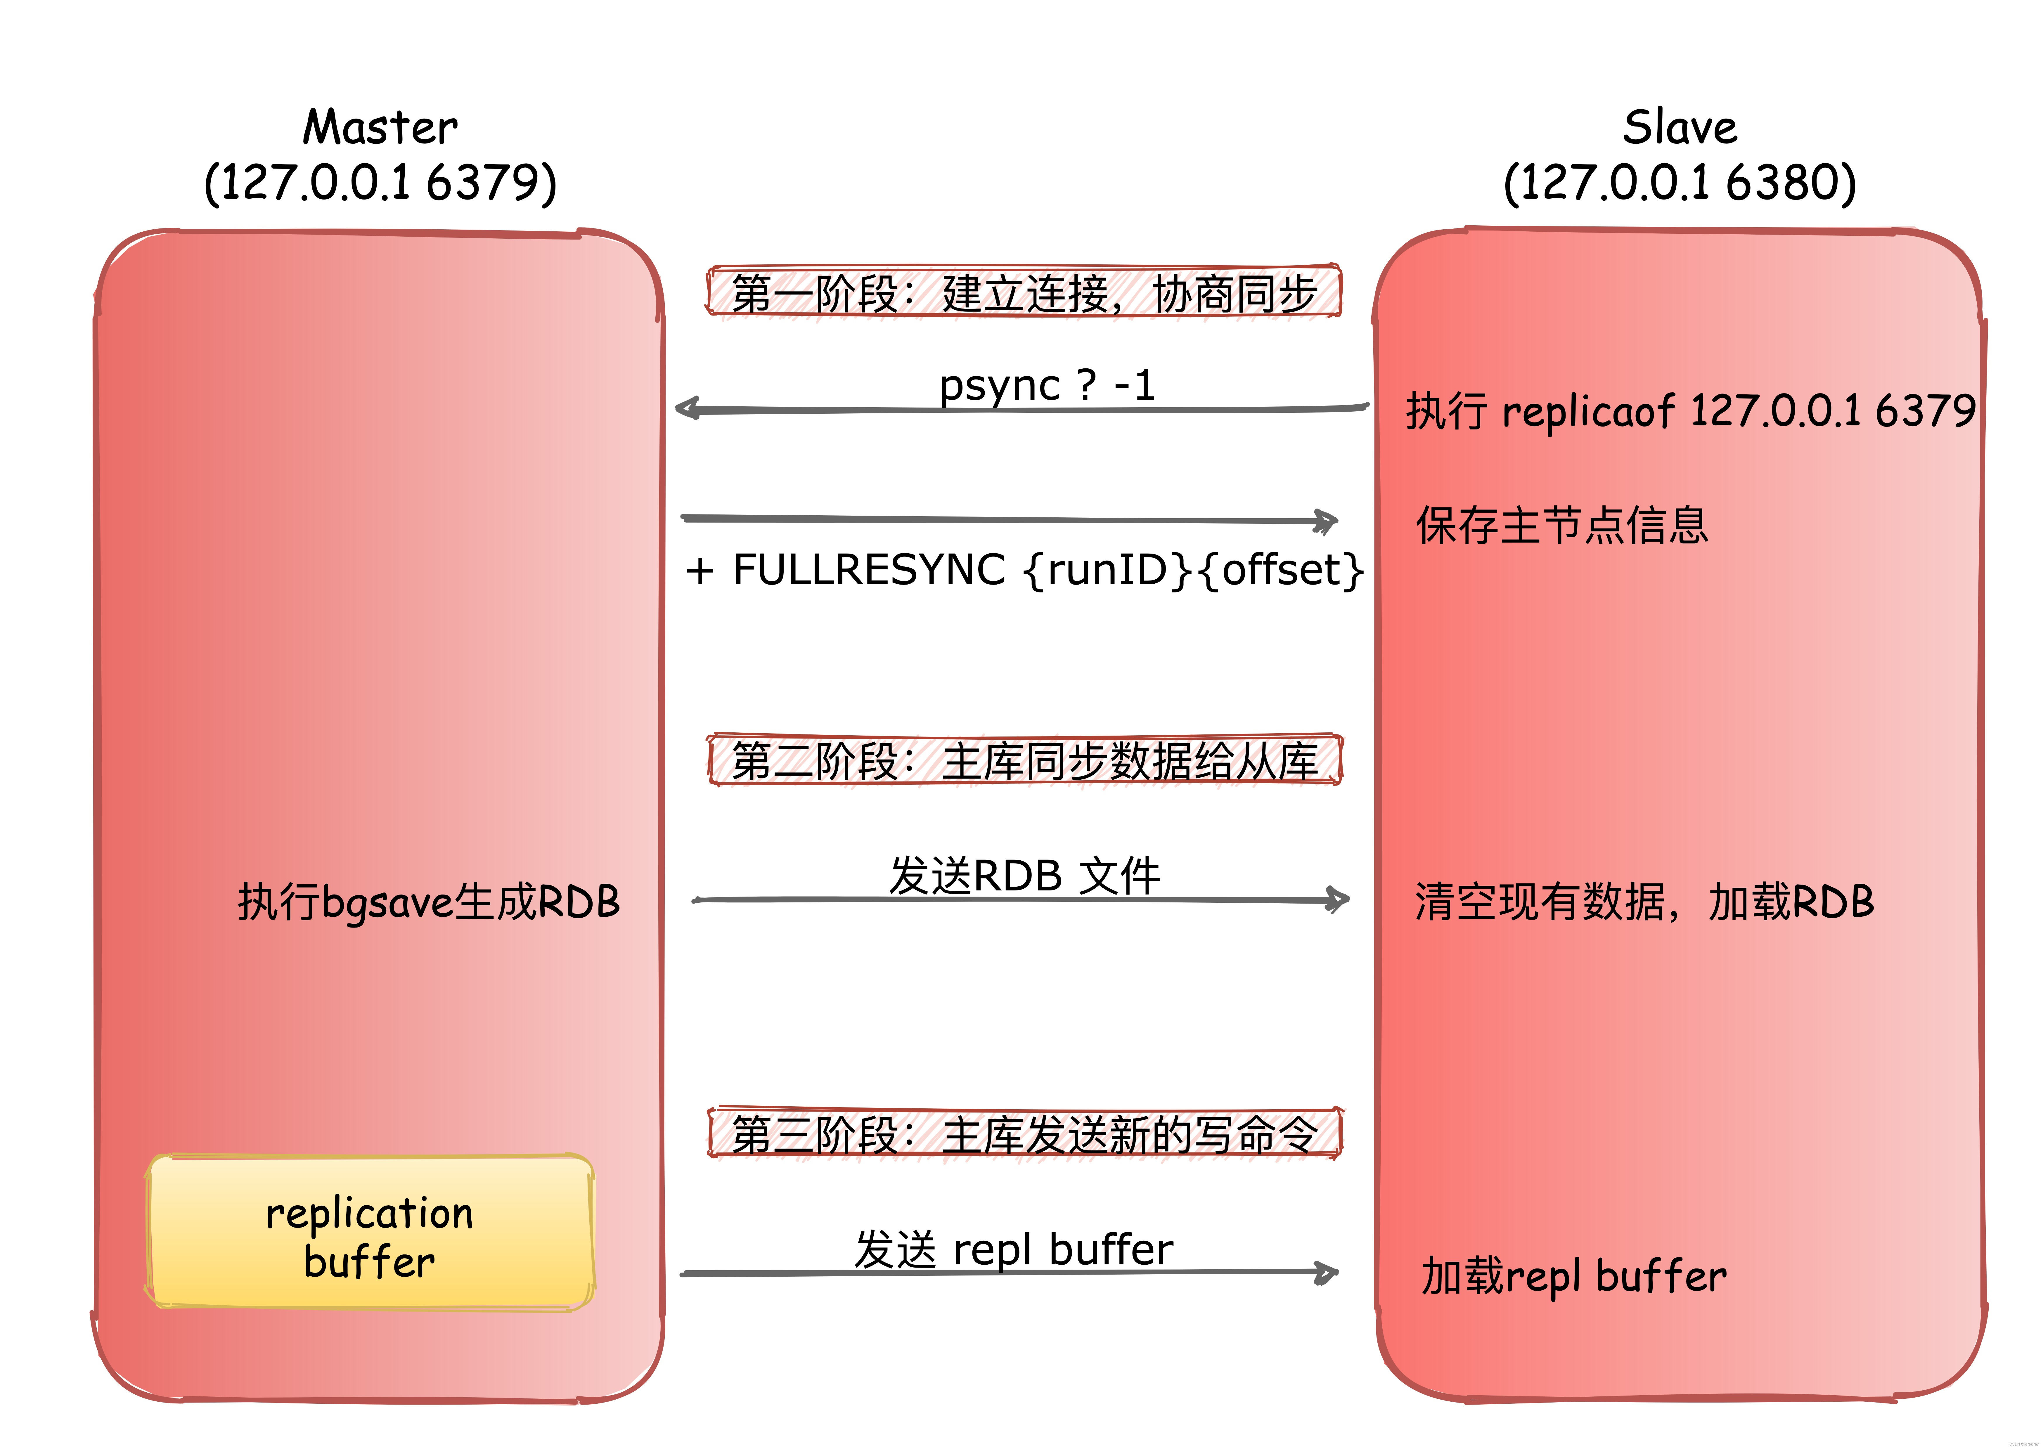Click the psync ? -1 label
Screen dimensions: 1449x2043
click(1046, 385)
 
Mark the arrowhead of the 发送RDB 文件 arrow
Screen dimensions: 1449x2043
click(1338, 899)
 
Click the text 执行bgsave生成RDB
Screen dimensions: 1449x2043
click(428, 901)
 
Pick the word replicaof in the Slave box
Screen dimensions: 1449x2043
click(1588, 411)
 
